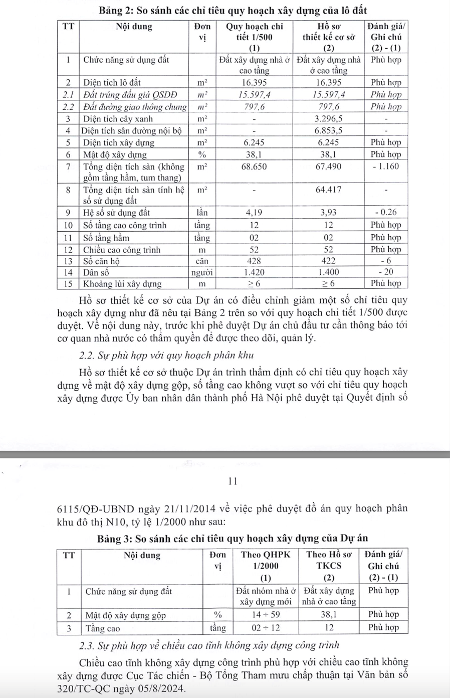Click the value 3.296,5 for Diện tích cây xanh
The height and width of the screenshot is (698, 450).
[328, 119]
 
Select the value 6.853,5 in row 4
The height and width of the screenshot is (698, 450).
[328, 130]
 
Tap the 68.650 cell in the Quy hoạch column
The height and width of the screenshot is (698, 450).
[254, 166]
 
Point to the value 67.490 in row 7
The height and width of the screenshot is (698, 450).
[328, 166]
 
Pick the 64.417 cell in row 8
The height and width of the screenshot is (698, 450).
[328, 190]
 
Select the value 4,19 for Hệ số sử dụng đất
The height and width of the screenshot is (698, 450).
[254, 213]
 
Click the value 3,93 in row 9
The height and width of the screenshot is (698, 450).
[328, 213]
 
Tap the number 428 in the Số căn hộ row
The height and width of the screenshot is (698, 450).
[254, 261]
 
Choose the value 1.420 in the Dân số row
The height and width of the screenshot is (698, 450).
[254, 272]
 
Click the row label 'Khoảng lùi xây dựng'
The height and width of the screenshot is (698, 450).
[122, 284]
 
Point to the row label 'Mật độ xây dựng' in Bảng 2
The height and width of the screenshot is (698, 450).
[115, 154]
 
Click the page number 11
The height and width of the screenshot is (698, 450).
[232, 482]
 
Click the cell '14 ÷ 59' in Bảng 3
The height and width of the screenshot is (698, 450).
[266, 615]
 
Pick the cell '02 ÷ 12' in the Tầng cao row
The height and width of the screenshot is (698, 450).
[266, 628]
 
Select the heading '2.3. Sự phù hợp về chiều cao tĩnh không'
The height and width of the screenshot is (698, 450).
[209, 645]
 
